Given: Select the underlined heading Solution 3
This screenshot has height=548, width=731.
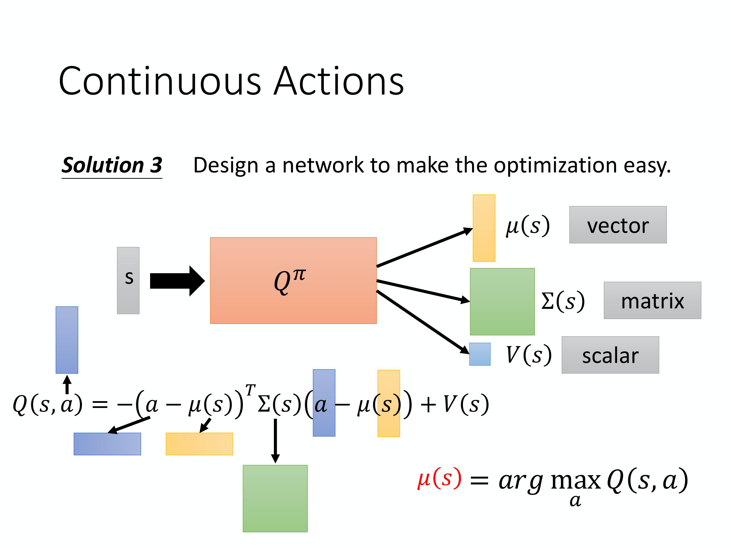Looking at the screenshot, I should (x=112, y=165).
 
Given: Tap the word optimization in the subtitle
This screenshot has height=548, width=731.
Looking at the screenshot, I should (x=556, y=165).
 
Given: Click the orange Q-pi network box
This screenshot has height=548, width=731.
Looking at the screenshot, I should (x=293, y=280).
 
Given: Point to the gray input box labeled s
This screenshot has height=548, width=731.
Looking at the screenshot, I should (x=128, y=280).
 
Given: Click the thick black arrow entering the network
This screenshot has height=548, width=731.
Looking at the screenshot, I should (x=177, y=281).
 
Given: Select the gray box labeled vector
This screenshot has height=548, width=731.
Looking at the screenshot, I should (x=618, y=225).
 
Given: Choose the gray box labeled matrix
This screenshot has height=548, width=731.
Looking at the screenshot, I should (x=652, y=300).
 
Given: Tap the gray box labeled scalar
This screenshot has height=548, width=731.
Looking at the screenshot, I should (x=610, y=355).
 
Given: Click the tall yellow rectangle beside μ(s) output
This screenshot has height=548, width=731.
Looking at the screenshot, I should (x=484, y=228).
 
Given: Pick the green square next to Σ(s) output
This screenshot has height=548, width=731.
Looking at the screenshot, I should (x=502, y=302).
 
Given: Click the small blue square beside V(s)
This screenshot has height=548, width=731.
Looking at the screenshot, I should (x=480, y=354).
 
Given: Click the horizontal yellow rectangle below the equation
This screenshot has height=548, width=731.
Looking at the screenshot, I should (x=199, y=444).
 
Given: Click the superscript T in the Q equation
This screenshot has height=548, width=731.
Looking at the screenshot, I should (x=250, y=390).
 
